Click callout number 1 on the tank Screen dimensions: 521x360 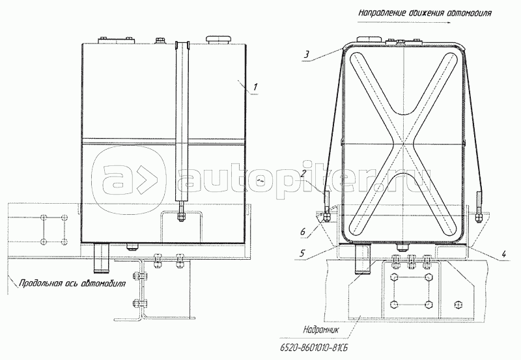[x=255, y=87]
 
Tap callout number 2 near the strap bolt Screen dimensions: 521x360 [x=303, y=173]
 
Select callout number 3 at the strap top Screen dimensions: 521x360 [x=307, y=55]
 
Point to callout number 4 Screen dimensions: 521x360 [x=503, y=255]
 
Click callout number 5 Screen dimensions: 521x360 [x=302, y=253]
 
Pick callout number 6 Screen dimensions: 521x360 [x=303, y=232]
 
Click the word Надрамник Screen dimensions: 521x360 [x=320, y=330]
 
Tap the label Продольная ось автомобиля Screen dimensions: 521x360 [x=72, y=284]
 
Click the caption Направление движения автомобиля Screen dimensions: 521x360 [x=425, y=13]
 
